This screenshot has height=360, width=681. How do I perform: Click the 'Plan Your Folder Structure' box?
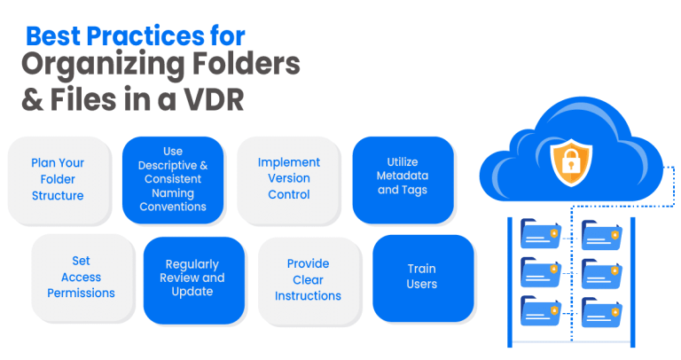58,179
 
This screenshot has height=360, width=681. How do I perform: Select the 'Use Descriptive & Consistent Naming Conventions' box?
173,179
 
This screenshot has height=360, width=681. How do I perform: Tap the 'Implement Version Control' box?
289,179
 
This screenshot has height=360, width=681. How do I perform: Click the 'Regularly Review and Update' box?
194,278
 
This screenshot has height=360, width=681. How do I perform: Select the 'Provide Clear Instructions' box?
309,278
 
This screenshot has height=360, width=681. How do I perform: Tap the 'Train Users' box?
423,277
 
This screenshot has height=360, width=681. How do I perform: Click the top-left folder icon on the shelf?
540,234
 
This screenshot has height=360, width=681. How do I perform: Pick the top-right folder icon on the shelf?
601,234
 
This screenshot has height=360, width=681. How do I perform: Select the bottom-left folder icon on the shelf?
540,312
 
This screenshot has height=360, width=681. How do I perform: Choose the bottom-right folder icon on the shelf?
601,312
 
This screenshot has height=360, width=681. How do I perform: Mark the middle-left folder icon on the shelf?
540,274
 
